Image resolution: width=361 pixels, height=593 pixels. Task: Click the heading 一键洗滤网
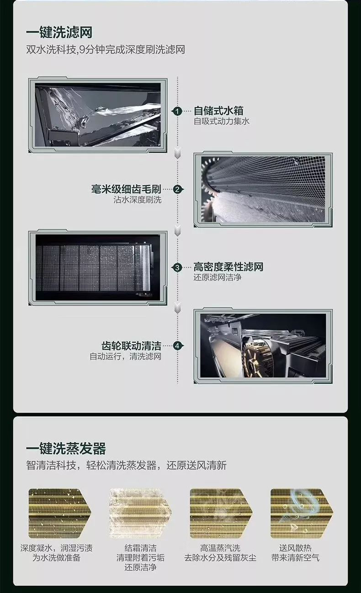pos(59,32)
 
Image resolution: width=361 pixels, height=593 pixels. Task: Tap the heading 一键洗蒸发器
pos(66,448)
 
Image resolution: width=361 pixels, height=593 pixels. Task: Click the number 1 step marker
pos(177,111)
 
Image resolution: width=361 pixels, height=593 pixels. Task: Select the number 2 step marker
pos(177,190)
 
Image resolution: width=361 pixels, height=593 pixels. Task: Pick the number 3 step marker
pos(177,267)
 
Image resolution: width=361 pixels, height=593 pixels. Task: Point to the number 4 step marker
pos(177,346)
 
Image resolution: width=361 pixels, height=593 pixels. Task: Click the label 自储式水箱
pos(218,111)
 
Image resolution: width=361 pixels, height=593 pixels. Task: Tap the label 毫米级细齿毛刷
pos(126,189)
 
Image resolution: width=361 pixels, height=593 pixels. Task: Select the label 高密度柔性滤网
pos(228,267)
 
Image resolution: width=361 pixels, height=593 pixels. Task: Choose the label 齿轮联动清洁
pos(131,345)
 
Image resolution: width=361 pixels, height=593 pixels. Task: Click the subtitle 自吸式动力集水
pos(222,121)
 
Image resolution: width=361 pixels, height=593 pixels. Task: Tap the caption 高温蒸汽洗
pos(220,547)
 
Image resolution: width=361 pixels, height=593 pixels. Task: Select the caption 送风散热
pos(295,547)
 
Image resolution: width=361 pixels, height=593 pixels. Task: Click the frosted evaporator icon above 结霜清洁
pos(140,514)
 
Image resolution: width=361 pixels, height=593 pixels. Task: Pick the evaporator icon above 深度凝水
pos(60,514)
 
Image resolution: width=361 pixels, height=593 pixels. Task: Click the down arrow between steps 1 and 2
pos(178,153)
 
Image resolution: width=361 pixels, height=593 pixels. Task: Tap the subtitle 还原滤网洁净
pos(217,277)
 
